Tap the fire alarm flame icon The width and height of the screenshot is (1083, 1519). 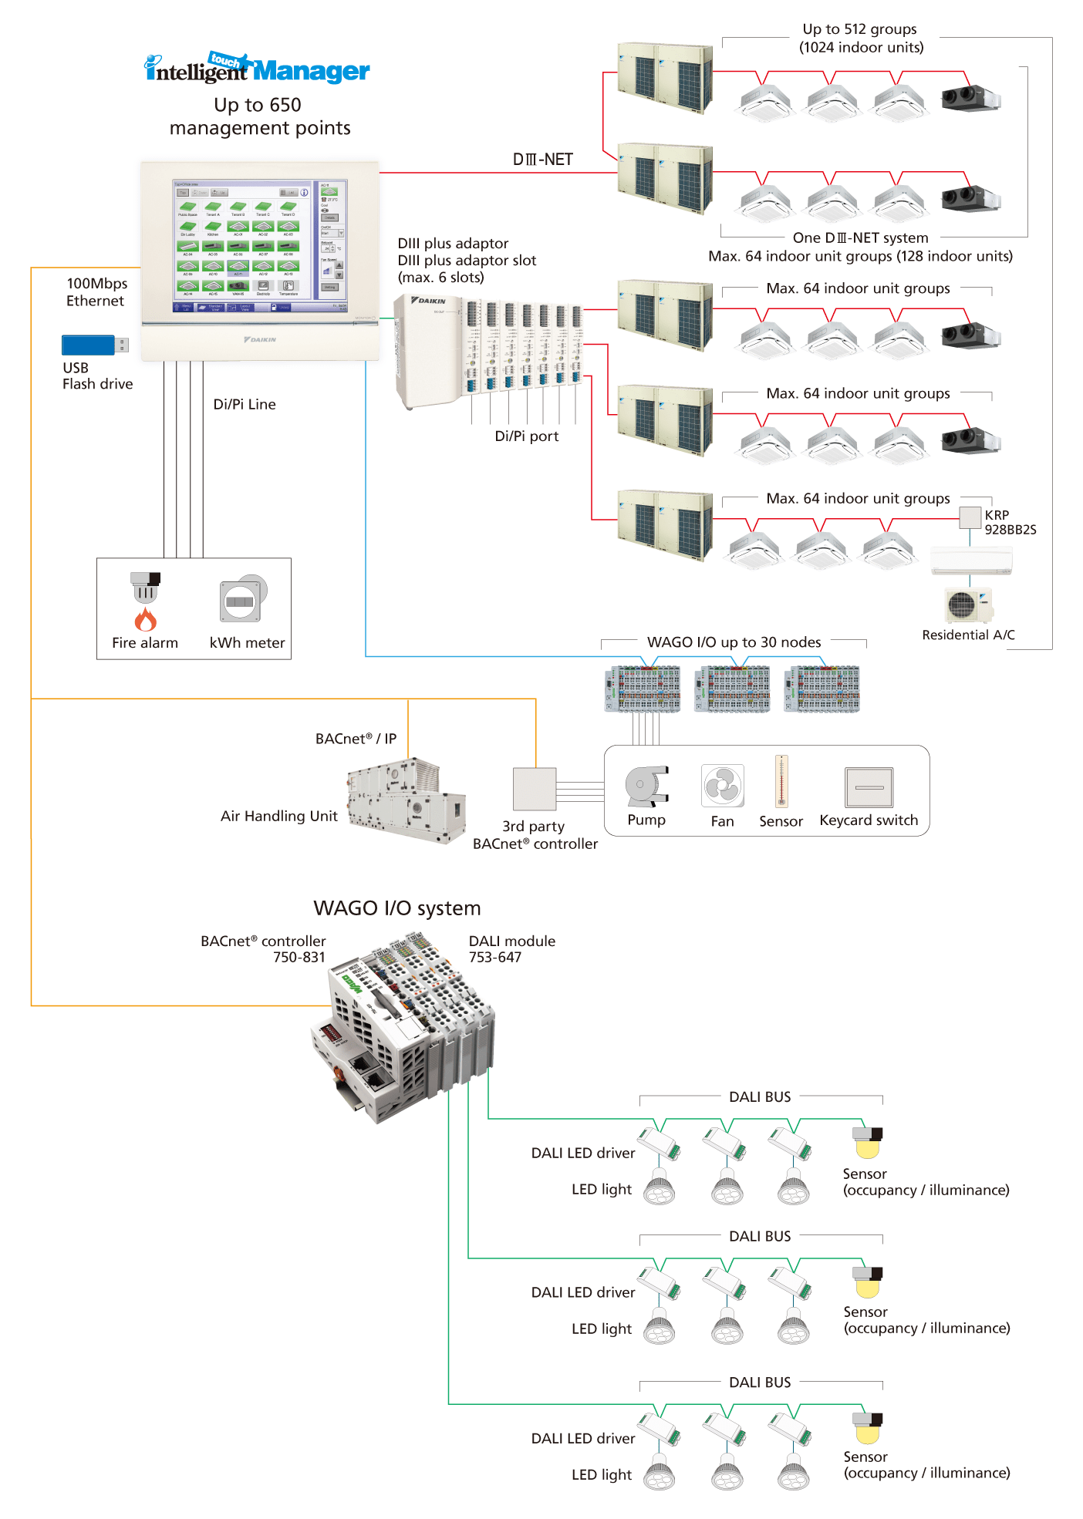(x=145, y=619)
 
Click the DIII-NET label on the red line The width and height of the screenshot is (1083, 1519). (x=542, y=160)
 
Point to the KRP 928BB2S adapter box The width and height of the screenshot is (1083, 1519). (x=970, y=517)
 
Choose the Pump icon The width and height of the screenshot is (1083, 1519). (x=646, y=786)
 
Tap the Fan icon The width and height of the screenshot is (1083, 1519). (x=722, y=786)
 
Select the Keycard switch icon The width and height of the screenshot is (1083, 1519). (x=869, y=787)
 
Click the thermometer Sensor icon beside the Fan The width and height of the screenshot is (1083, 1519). (x=781, y=780)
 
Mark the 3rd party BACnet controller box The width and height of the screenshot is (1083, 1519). (x=535, y=789)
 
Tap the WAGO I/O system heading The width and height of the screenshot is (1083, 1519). (x=396, y=908)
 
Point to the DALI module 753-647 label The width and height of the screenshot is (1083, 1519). (x=511, y=949)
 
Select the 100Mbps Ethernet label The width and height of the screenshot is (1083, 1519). (x=96, y=292)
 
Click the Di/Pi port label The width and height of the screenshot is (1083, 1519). (x=526, y=436)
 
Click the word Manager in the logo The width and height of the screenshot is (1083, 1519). (x=311, y=72)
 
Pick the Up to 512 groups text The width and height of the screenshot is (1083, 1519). (x=860, y=29)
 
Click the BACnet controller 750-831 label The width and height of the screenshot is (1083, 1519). (x=264, y=949)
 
